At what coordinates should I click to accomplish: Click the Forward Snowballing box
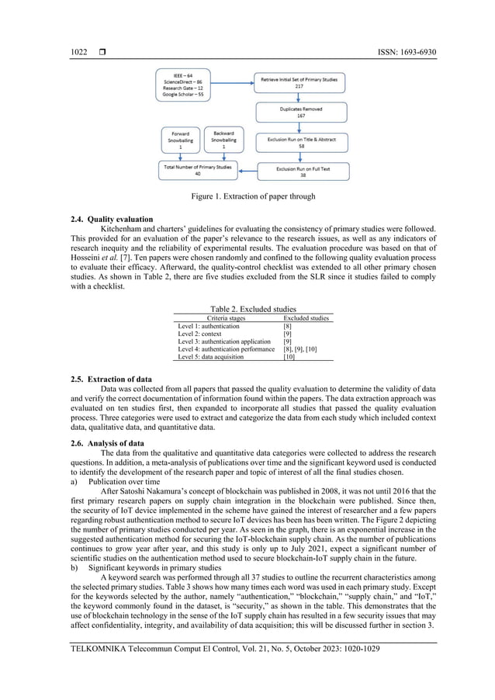(180, 140)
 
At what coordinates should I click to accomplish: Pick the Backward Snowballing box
(223, 140)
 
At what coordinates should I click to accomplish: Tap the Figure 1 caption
(253, 196)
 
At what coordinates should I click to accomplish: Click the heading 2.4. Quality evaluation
(111, 219)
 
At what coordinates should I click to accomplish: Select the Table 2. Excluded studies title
(253, 309)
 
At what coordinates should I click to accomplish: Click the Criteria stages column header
(226, 318)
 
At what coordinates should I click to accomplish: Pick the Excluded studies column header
(306, 318)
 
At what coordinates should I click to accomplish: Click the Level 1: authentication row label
(209, 327)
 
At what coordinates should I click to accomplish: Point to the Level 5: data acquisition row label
(212, 357)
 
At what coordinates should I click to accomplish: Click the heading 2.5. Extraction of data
(112, 378)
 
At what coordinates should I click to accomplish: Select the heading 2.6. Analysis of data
(108, 442)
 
